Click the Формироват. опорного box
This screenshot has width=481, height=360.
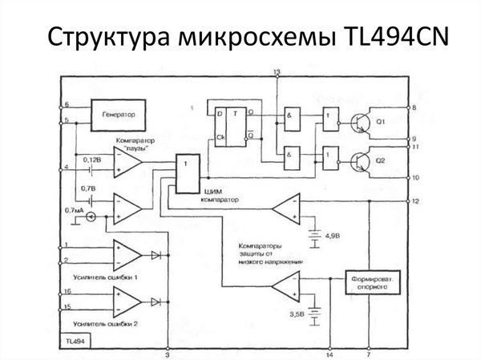370,285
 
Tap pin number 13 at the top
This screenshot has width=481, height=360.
276,73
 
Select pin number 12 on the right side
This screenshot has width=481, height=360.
415,200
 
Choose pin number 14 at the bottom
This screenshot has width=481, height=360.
329,353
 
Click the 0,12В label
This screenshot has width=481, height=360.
94,160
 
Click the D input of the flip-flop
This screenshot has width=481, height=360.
216,112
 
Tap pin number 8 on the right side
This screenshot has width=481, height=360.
414,107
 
